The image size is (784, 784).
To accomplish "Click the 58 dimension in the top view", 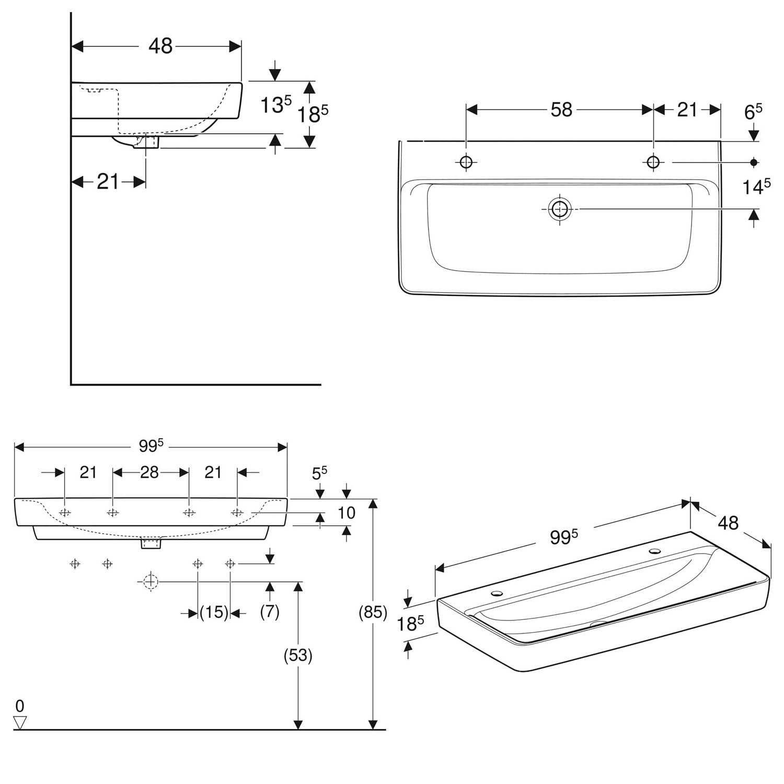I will coord(561,110).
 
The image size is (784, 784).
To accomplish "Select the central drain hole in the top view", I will coord(560,209).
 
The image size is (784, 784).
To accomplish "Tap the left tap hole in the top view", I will coord(466,162).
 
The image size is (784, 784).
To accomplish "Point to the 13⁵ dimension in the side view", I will coord(275,105).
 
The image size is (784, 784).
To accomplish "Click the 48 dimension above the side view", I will coord(160,46).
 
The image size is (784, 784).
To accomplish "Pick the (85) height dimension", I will coord(373,612).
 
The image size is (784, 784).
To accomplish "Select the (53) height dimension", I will coord(298,655).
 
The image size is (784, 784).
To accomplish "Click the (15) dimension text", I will coord(214,612).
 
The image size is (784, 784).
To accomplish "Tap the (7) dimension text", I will coord(270,612).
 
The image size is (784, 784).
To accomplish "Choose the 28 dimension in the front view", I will coord(149,472).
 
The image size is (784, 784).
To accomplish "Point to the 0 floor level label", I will coord(20,707).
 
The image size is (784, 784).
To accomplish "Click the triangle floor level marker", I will coord(20,723).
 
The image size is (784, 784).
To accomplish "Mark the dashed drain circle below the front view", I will coord(151,581).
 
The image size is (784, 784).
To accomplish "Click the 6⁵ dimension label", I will coord(753,111).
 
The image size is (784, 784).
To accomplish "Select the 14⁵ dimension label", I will coord(756,187).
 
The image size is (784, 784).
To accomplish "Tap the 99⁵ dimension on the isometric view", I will coord(563,537).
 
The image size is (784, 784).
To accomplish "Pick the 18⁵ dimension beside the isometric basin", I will coord(409,624).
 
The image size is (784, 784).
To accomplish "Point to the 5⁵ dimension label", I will coord(319,473).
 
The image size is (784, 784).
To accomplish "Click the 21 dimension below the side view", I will coord(108,182).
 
